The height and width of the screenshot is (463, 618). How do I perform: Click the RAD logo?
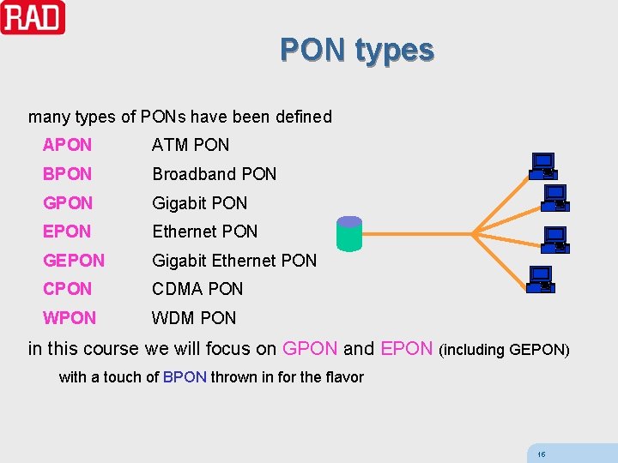coord(33,17)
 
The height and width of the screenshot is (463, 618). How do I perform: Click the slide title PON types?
coord(356,51)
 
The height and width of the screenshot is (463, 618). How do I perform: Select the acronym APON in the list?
coord(67,145)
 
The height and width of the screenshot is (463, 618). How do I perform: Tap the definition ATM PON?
coord(191,145)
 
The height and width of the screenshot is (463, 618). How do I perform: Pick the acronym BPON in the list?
coord(67,174)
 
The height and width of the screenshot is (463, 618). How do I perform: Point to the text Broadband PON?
coord(214,174)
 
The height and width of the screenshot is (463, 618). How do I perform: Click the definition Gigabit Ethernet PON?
coord(234,261)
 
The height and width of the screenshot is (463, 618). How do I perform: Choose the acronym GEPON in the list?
coord(74,261)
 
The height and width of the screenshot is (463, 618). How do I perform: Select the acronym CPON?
coord(67,289)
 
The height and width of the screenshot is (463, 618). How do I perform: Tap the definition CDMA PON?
coord(197,289)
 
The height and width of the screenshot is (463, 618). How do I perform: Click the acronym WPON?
coord(70,318)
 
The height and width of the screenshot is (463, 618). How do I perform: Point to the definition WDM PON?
coord(194,318)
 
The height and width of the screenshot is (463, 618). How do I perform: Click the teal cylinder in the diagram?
coord(349,233)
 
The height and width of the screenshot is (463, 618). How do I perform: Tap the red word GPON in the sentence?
coord(310,349)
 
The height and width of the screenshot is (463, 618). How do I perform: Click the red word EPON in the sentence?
coord(406,349)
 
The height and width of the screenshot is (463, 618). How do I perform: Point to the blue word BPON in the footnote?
coord(185,377)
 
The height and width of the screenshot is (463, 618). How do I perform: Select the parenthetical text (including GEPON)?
coord(504,350)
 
